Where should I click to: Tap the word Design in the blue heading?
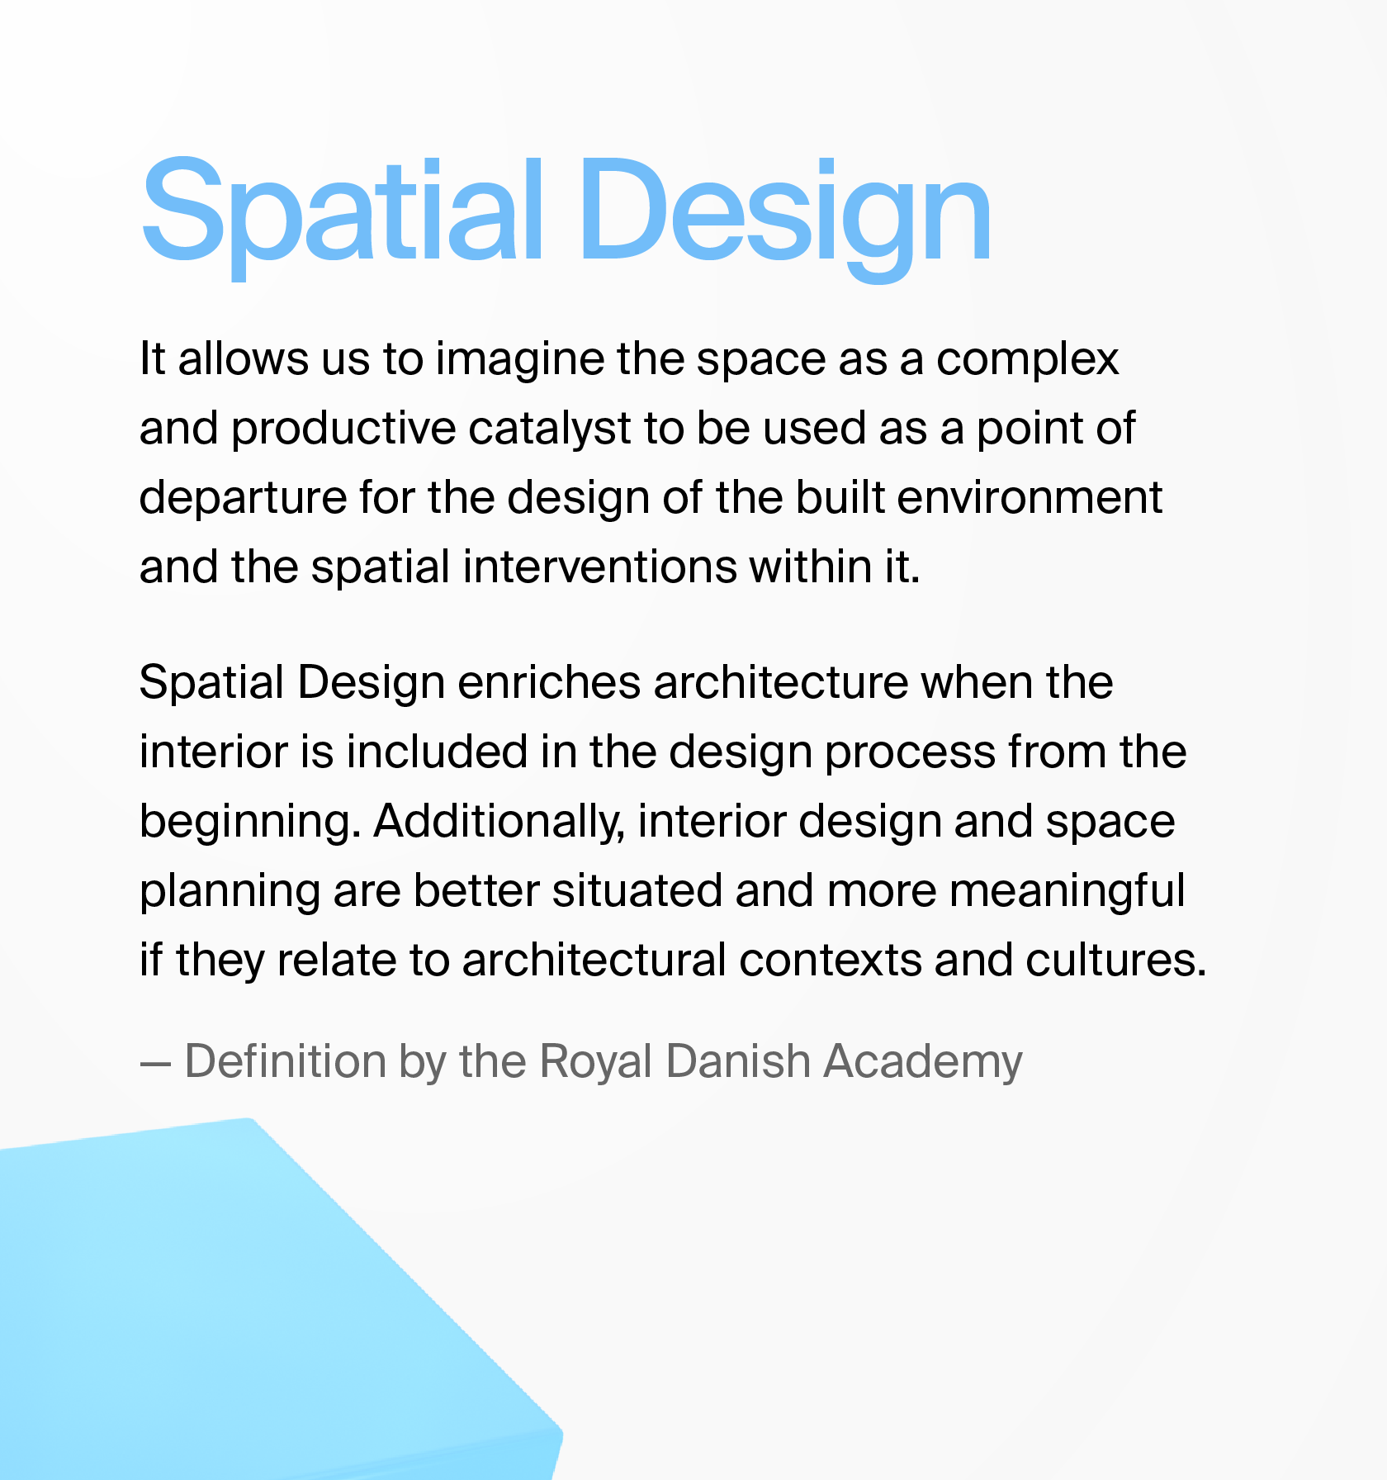(785, 219)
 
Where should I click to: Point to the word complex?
(1027, 361)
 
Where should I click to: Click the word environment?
(1030, 498)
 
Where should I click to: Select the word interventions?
(599, 567)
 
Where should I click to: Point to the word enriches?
(549, 683)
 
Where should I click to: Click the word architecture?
(780, 683)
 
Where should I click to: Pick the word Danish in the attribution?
(738, 1060)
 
